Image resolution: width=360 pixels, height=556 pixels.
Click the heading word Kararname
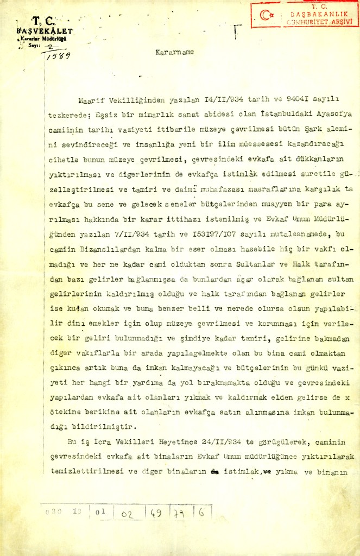[174, 53]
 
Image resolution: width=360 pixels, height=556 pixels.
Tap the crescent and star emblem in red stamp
[266, 15]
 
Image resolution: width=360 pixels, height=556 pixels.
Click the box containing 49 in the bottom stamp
[155, 512]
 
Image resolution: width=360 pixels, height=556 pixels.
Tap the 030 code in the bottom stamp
[55, 511]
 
